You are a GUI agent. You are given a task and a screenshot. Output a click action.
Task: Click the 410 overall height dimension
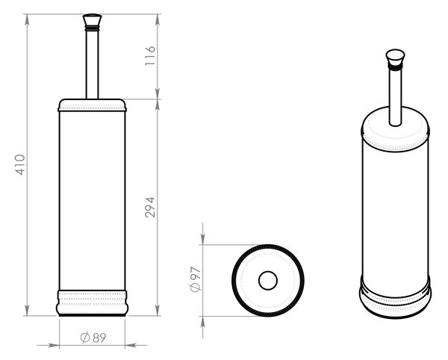click(x=20, y=164)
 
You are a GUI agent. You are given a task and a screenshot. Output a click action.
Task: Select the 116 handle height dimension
click(x=150, y=55)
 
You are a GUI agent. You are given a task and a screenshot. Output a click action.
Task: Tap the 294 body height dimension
click(x=150, y=208)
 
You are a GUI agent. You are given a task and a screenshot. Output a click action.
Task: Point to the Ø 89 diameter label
click(x=93, y=338)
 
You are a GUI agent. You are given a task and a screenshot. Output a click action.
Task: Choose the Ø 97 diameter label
click(x=196, y=279)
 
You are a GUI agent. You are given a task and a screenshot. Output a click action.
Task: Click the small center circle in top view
click(x=268, y=280)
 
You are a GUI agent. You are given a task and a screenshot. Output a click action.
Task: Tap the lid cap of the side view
click(x=92, y=105)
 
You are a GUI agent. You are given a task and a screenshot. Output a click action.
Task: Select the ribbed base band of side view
click(x=92, y=303)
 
